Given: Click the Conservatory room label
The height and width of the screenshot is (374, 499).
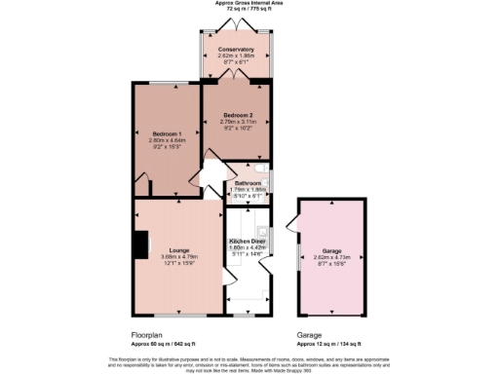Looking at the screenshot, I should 236,49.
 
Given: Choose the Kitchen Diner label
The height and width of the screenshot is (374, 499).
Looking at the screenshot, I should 248,240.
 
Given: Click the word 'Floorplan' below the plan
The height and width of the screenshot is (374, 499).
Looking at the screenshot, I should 147,335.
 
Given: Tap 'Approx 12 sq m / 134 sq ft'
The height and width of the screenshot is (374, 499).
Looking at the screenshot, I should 330,344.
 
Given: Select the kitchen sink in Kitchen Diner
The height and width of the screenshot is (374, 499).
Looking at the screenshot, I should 261,235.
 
